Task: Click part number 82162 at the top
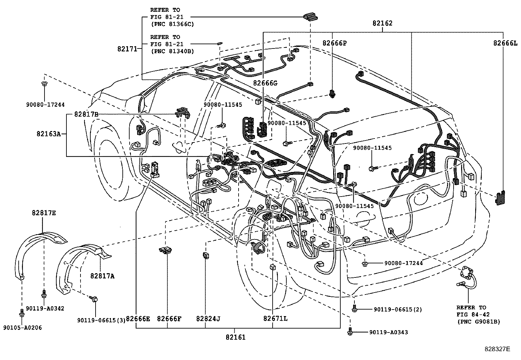click(x=382, y=23)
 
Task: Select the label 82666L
click(x=506, y=43)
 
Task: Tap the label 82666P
click(x=334, y=43)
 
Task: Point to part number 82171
click(x=128, y=49)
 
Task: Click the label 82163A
click(x=49, y=134)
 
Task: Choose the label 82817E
click(x=44, y=213)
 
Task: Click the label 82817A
click(x=102, y=276)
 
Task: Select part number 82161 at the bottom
click(x=235, y=337)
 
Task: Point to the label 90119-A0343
click(x=388, y=332)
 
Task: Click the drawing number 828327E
click(x=497, y=349)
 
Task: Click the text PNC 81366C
click(x=172, y=24)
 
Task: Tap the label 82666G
click(x=265, y=83)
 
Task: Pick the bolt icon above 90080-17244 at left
click(x=44, y=84)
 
